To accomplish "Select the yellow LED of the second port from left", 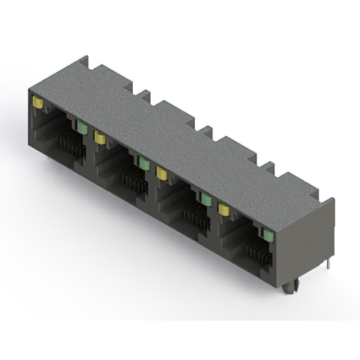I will [x=100, y=137].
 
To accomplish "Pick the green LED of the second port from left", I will [x=145, y=163].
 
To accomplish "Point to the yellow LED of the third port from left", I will [x=162, y=172].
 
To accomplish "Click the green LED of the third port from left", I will [x=206, y=199].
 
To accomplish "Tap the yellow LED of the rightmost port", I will [x=224, y=209].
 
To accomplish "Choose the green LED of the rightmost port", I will [x=267, y=233].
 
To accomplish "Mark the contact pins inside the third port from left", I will [x=196, y=216].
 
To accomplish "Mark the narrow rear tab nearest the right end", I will [x=268, y=167].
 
